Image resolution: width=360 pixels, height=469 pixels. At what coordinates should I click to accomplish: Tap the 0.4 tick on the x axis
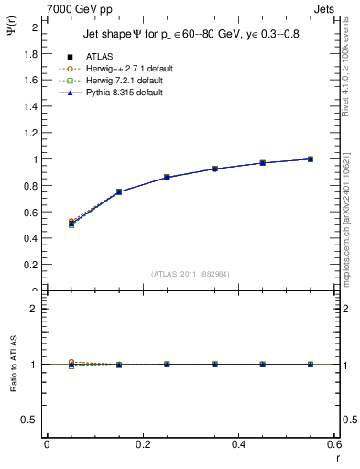coord(238,444)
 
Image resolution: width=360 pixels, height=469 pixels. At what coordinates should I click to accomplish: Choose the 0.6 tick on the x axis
coord(333,444)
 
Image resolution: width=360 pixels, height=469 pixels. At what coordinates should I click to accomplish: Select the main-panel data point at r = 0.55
coord(311,159)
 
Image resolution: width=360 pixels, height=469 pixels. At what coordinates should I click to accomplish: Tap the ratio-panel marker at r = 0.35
coord(214,365)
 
